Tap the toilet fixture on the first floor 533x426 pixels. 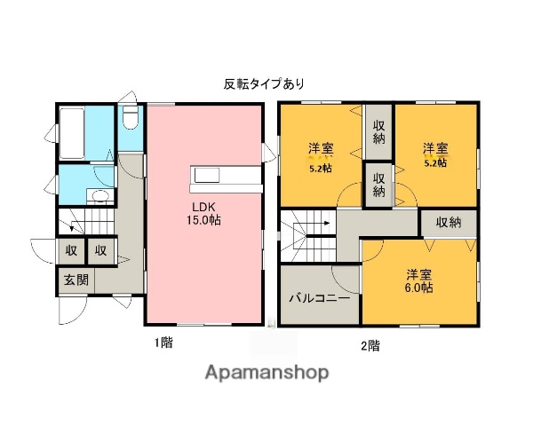coord(131,118)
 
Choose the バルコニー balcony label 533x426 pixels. coord(318,298)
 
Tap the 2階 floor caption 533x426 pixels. coord(370,344)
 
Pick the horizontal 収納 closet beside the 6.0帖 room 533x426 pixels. coord(449,223)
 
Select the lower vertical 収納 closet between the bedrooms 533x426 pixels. coord(378,185)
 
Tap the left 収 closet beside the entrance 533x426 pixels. coord(71,251)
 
